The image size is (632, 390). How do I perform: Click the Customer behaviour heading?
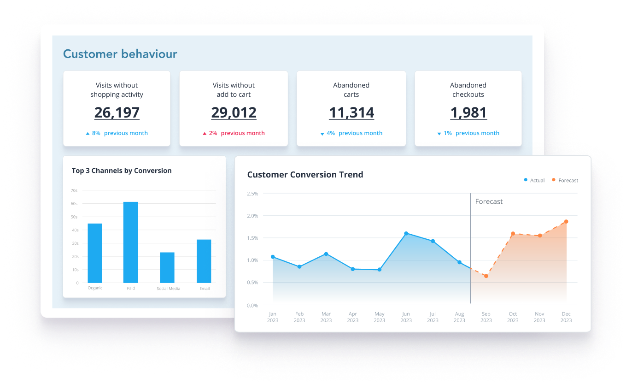pos(120,54)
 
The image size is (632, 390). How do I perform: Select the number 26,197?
pos(117,112)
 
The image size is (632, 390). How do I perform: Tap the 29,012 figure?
pos(234,112)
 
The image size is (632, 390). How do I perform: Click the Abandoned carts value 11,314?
pos(351,112)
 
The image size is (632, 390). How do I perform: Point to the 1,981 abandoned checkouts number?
pos(468,112)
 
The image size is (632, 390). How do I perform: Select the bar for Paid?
pos(130,242)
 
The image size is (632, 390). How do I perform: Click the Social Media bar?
pos(167,267)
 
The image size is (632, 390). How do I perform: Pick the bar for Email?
pos(204,261)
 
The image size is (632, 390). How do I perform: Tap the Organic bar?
pos(95,253)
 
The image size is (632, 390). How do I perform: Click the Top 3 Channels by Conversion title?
pos(122,171)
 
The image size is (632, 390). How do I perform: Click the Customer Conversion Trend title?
pos(305,175)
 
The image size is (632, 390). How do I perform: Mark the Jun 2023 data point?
pos(406,233)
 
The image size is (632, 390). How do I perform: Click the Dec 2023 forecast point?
pos(566,222)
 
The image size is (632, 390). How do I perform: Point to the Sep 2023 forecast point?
pos(486,276)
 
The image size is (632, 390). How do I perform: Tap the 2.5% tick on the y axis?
pos(252,194)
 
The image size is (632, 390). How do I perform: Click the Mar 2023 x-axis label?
pos(326,317)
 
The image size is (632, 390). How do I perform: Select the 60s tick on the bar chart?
pos(74,204)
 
